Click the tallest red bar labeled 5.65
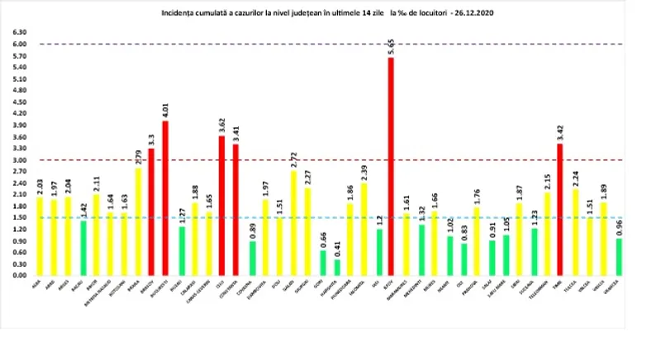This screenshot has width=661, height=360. [390, 166]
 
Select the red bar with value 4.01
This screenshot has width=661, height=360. [165, 198]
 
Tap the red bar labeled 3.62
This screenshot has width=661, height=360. [221, 206]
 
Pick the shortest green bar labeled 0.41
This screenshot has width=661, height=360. [336, 267]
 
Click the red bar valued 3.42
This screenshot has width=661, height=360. [559, 210]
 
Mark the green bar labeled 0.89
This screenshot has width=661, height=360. [250, 258]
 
